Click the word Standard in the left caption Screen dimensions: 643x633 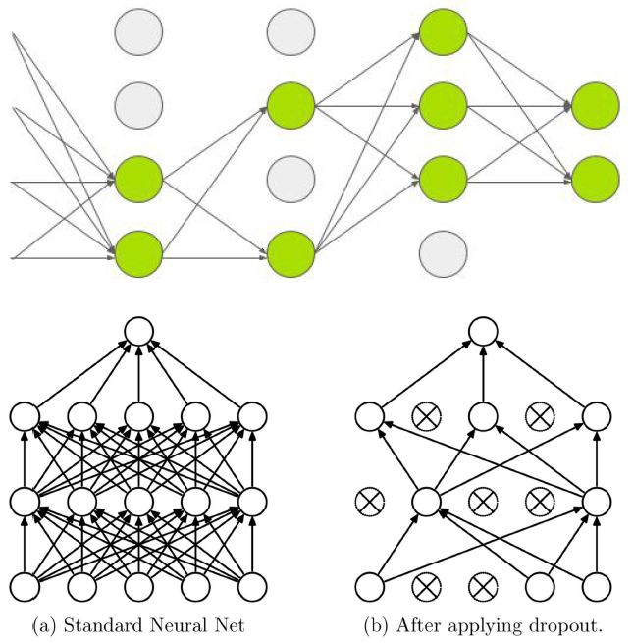tap(98, 621)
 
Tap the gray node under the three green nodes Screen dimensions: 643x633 tap(443, 253)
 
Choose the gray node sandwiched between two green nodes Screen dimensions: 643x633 tap(290, 181)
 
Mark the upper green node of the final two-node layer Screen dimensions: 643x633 tap(595, 105)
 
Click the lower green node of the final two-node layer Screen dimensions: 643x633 tap(595, 181)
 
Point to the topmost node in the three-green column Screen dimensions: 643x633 tap(443, 30)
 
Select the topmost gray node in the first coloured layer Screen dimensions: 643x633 tap(138, 30)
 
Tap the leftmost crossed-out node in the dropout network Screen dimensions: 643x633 tap(368, 503)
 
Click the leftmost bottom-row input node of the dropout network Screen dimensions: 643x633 tap(368, 587)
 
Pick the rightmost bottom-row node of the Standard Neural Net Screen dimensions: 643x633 tap(252, 587)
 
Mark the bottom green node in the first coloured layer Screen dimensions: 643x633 tap(138, 253)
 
